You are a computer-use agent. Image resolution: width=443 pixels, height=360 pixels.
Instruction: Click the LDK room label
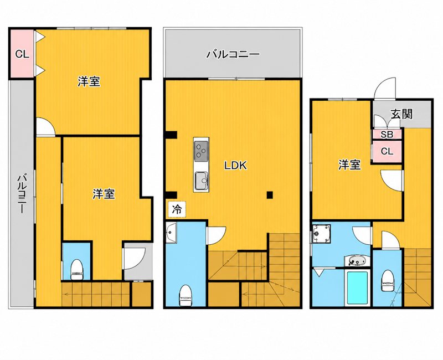point(235,165)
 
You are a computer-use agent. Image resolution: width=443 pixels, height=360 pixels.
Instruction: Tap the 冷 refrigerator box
point(177,209)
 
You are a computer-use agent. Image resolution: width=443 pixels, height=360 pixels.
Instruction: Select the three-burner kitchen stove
point(201,151)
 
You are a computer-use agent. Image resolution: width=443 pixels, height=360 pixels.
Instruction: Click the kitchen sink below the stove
point(201,181)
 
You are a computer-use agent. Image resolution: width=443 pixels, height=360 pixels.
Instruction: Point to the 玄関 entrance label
point(402,114)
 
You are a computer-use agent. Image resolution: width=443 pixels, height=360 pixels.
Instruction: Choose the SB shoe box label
point(387,135)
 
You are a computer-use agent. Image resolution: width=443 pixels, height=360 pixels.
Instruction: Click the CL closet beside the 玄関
point(387,151)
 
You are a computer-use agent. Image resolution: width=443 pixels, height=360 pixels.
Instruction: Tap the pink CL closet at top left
point(22,54)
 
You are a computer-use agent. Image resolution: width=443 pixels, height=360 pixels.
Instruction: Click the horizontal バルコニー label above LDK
point(233,54)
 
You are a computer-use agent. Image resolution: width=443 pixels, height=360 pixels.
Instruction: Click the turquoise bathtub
point(357,287)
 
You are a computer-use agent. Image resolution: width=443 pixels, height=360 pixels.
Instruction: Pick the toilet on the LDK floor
point(186,295)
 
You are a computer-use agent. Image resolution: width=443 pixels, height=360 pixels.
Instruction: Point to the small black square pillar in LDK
point(270,194)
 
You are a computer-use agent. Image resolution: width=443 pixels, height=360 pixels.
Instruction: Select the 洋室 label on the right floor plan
point(349,164)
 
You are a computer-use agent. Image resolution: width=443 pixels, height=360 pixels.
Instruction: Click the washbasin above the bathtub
point(357,260)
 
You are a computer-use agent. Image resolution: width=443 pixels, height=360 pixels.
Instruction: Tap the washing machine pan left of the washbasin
point(321,233)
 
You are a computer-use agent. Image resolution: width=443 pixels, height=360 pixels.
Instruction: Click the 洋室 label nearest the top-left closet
point(89,81)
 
